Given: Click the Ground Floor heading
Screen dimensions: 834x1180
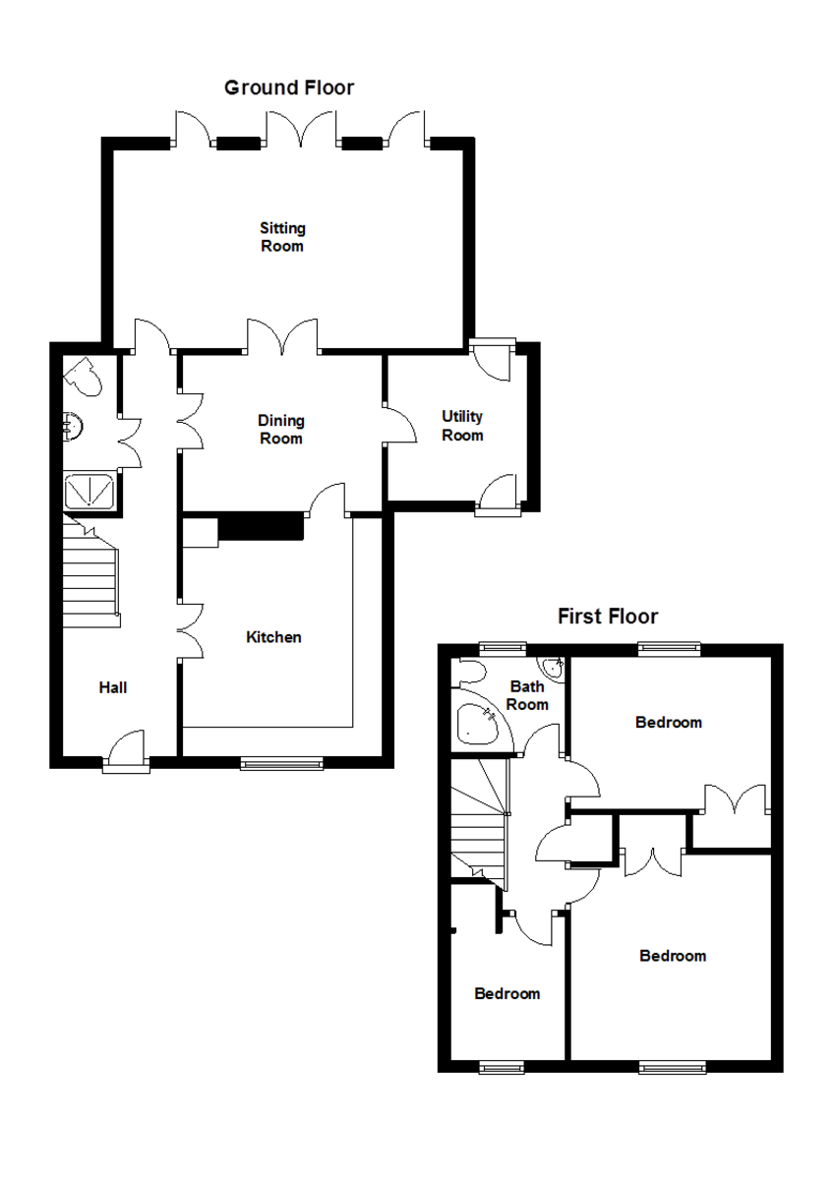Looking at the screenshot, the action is [x=289, y=88].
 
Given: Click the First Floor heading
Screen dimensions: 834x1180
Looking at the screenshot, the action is [x=608, y=616].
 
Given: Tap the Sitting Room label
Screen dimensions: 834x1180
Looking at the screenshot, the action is [x=282, y=237].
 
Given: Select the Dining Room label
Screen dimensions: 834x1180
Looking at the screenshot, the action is [x=281, y=430].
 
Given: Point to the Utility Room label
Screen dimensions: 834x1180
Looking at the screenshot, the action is [x=462, y=426].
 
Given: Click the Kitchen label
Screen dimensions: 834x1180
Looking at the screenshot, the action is [x=273, y=637].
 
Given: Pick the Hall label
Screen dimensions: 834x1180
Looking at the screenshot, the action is [x=113, y=687].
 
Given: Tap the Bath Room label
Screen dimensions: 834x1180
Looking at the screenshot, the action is [x=527, y=695].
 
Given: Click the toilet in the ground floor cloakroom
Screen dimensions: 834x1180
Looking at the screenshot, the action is [x=84, y=376].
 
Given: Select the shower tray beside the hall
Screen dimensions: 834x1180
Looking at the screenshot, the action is [x=89, y=491].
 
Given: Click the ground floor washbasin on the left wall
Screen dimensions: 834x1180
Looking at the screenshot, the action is [x=73, y=426].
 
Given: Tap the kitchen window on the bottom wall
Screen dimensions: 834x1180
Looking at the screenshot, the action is [x=281, y=763].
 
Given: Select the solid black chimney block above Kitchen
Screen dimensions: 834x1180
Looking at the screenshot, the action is [x=262, y=526].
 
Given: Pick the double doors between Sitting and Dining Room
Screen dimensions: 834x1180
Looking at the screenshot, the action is [x=283, y=337].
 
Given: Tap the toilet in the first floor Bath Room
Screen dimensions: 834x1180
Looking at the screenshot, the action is [x=470, y=672].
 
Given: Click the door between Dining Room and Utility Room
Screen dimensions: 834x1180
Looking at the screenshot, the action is [x=399, y=425].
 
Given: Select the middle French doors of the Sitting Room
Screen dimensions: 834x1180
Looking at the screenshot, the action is [x=300, y=128].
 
